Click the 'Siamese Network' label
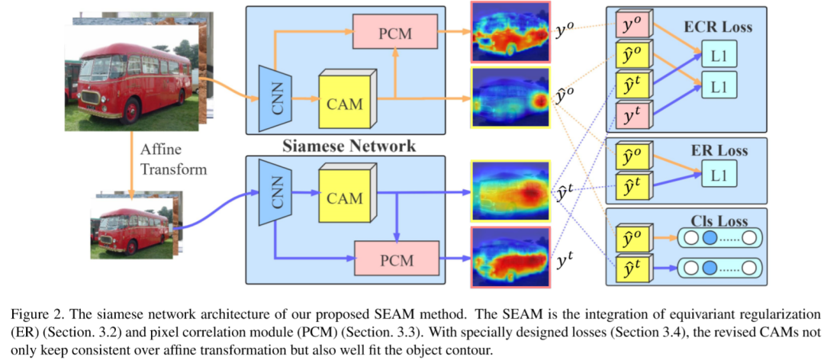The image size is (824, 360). click(x=350, y=146)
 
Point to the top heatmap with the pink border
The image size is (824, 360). click(x=512, y=32)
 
